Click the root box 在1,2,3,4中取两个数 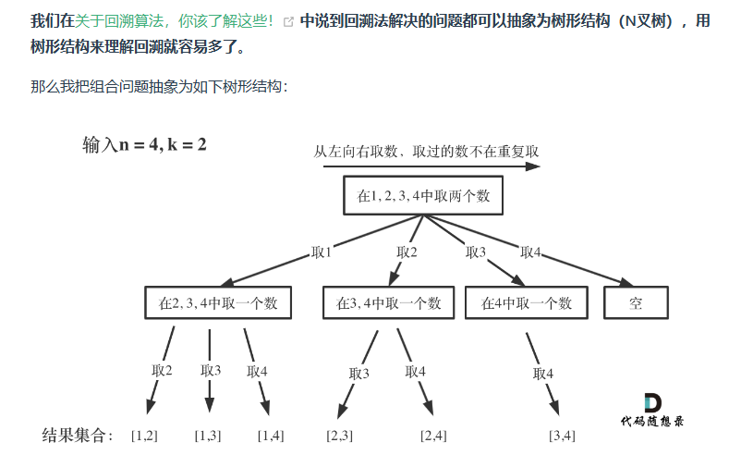[422, 197]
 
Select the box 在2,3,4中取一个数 [218, 302]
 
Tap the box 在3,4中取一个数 [388, 302]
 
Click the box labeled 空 [636, 302]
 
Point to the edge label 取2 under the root [407, 252]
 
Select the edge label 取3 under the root [476, 252]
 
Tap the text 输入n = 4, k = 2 [144, 144]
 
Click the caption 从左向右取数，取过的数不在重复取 [426, 150]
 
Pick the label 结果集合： [79, 435]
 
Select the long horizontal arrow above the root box [426, 166]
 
